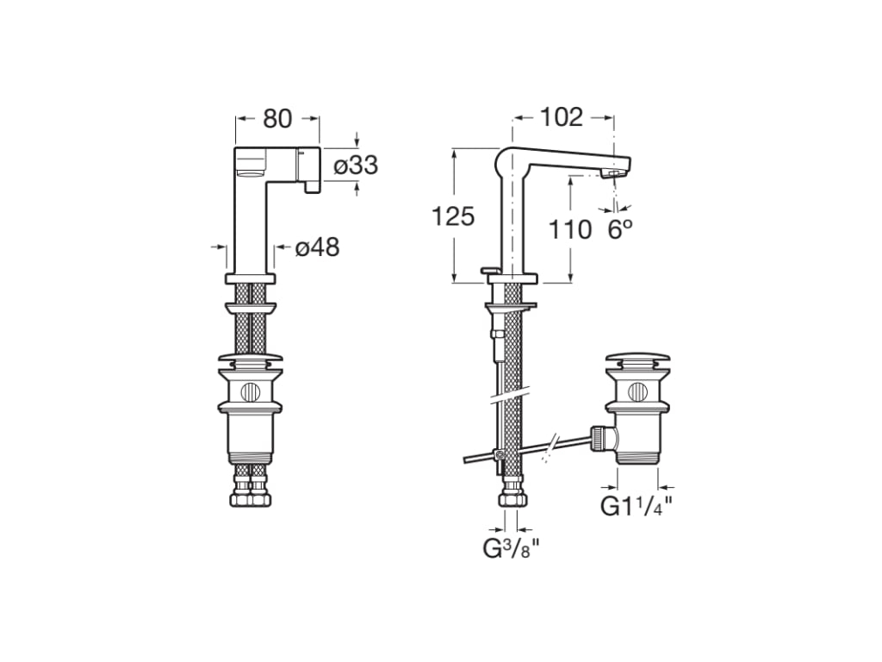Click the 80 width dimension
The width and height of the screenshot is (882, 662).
[278, 119]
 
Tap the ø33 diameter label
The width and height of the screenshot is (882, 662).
[356, 165]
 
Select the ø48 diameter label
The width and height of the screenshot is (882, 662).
[317, 247]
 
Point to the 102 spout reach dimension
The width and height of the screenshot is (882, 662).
[562, 117]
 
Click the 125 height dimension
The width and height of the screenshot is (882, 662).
[453, 216]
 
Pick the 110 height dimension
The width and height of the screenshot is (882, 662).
[570, 229]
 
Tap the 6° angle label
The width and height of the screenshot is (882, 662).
[620, 229]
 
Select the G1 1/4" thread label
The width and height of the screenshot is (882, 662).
[637, 506]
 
